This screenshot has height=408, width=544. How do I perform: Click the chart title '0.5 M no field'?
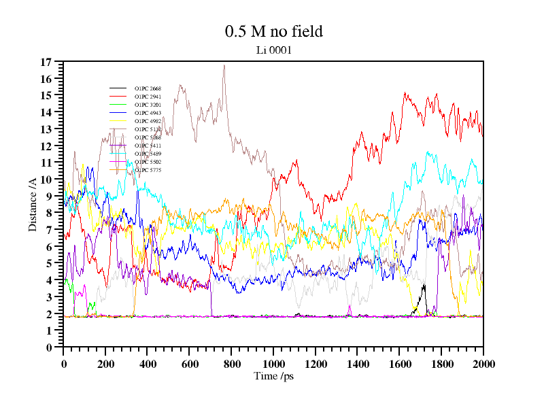tap(273, 31)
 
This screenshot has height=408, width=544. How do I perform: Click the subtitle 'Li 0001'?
tap(273, 50)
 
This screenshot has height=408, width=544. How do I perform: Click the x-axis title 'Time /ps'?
tap(273, 375)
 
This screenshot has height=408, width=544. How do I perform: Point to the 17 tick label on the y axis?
tap(46, 62)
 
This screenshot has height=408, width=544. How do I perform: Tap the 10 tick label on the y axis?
tap(46, 180)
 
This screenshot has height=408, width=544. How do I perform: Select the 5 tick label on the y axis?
tap(49, 263)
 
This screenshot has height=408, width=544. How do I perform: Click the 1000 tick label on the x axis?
tap(273, 364)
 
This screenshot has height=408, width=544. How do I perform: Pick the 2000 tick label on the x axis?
tap(483, 364)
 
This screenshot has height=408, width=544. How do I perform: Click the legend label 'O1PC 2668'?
tap(148, 89)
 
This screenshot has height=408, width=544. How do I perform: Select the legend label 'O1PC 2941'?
tap(148, 97)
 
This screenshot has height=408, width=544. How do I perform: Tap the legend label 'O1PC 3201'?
tap(148, 105)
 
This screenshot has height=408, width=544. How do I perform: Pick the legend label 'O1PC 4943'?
tap(148, 114)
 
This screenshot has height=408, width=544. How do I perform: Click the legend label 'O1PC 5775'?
tap(148, 170)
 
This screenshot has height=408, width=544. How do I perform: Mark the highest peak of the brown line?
tap(224, 65)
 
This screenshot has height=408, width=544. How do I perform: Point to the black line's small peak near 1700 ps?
tap(424, 286)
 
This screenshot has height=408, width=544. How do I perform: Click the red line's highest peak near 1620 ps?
tap(405, 93)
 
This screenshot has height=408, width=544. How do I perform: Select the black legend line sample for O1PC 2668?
tap(118, 89)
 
